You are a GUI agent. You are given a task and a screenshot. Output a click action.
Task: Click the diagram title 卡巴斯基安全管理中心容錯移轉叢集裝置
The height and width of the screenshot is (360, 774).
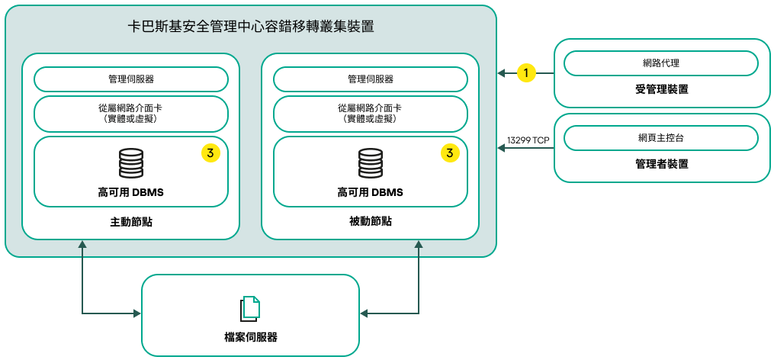251,26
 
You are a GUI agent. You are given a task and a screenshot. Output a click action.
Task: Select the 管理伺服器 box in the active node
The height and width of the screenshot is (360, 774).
131,79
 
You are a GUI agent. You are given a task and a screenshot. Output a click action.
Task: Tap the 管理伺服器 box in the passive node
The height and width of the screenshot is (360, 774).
371,79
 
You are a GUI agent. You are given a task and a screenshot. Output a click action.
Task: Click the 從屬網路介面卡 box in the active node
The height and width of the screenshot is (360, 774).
131,114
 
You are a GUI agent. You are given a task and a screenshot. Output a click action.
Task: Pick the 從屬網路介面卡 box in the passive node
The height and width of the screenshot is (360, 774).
371,114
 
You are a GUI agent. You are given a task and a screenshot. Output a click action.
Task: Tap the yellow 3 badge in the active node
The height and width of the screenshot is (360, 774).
210,153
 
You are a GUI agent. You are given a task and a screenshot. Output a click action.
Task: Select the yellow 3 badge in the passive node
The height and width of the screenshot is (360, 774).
450,153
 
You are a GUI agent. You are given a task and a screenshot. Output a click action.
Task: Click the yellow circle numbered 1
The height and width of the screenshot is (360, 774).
526,73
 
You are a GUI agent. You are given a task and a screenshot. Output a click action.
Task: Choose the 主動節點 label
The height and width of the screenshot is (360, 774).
131,221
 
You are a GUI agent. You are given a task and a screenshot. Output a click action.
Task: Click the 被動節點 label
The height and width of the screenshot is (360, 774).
371,221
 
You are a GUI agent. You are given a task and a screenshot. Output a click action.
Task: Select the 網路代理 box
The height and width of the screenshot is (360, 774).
661,63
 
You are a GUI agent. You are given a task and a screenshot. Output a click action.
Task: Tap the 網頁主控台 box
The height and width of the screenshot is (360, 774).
661,138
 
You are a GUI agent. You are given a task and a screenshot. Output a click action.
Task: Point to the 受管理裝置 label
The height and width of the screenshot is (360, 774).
661,89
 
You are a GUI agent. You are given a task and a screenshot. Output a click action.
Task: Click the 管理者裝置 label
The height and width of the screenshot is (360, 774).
661,163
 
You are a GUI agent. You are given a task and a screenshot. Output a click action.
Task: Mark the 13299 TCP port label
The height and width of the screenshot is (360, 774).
528,140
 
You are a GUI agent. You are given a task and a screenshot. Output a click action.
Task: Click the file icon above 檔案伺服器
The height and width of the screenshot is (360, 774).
250,308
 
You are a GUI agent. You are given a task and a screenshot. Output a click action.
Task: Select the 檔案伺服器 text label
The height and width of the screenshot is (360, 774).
250,337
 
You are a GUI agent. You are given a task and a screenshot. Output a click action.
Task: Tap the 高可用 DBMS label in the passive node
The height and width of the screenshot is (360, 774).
371,192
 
